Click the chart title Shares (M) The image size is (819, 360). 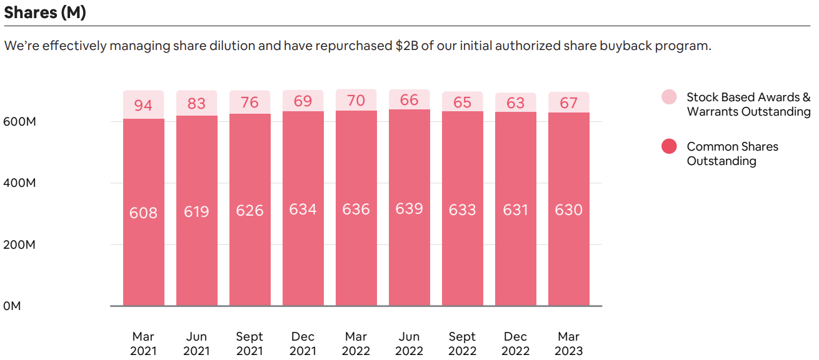click(x=45, y=13)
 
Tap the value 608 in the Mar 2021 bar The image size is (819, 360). click(x=143, y=213)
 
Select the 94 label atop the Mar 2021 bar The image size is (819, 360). click(x=143, y=105)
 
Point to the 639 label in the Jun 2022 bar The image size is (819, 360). click(x=409, y=209)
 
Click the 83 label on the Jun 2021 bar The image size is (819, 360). click(x=196, y=103)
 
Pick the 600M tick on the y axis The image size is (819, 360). click(x=19, y=121)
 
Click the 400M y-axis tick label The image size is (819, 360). click(x=19, y=183)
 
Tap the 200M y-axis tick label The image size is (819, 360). click(x=19, y=244)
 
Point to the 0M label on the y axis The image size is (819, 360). click(x=12, y=306)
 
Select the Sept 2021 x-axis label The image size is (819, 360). click(x=249, y=344)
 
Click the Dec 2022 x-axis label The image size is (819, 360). click(x=515, y=344)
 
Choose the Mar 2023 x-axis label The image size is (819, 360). click(x=568, y=344)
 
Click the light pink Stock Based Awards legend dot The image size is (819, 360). click(x=669, y=97)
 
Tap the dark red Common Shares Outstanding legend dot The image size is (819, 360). click(x=669, y=147)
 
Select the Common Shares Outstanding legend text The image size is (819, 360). click(x=732, y=154)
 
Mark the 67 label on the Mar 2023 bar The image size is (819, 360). click(x=569, y=102)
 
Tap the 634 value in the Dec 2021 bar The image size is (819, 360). click(x=303, y=209)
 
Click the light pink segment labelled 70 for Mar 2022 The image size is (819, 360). click(x=356, y=100)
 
